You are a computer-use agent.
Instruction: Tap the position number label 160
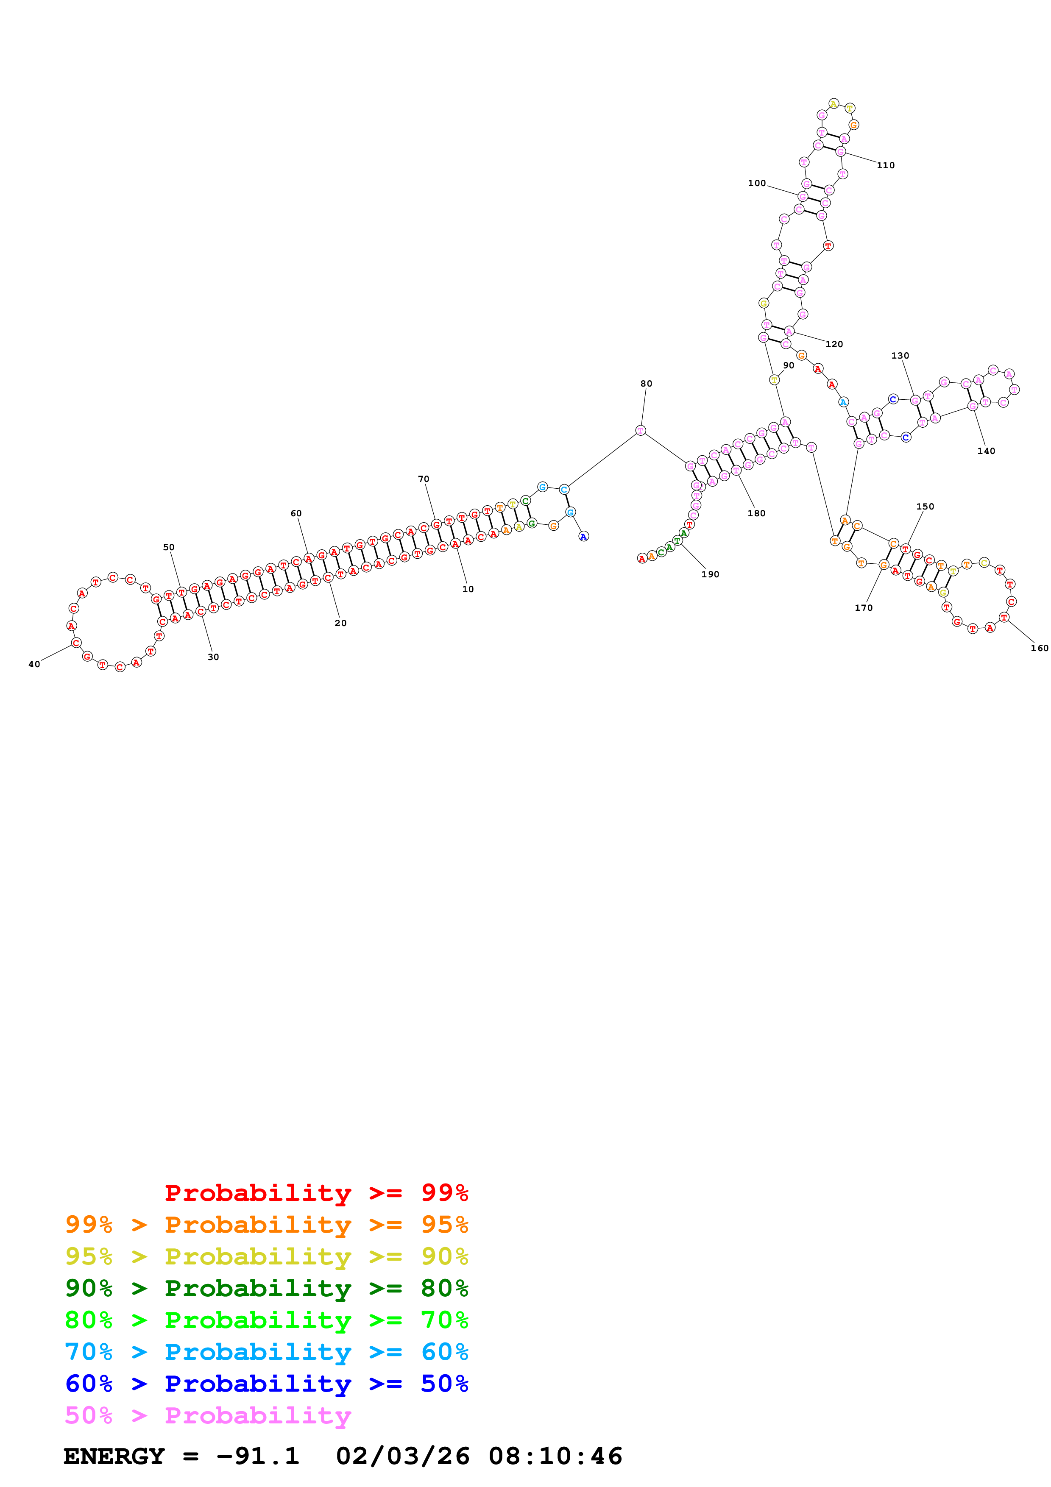click(1039, 648)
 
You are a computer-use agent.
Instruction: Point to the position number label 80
click(646, 384)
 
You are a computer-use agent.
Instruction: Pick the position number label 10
click(468, 589)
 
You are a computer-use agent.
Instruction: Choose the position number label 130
click(900, 356)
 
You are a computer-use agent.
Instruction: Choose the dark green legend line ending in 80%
click(266, 1288)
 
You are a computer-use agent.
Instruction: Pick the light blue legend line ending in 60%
click(266, 1352)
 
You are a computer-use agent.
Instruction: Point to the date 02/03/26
click(402, 1456)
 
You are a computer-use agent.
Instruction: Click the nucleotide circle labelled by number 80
click(641, 430)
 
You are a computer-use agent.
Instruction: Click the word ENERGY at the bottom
click(114, 1456)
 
